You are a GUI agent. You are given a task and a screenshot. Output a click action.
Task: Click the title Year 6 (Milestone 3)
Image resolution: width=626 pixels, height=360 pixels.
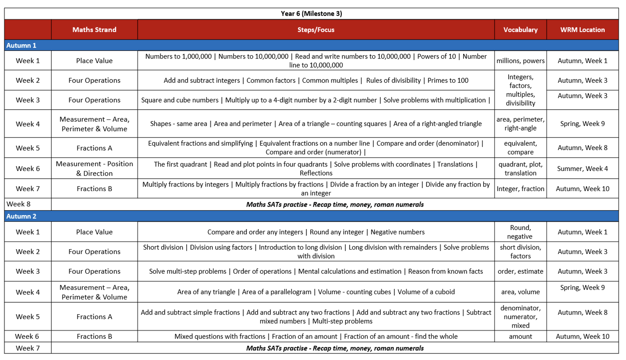click(x=311, y=13)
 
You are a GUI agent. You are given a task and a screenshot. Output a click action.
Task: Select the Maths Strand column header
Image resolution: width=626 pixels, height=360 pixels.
click(x=94, y=29)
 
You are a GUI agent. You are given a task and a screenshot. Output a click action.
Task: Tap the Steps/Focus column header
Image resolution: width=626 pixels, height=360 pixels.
click(x=316, y=29)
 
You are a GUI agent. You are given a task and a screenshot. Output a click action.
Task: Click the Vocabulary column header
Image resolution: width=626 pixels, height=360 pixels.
click(x=520, y=29)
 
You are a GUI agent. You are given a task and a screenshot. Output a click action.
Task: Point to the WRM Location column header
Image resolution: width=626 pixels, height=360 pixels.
click(x=582, y=29)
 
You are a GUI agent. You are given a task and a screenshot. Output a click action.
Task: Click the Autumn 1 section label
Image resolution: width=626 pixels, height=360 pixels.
click(x=21, y=45)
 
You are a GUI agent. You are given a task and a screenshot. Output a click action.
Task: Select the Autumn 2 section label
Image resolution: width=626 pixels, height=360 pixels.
click(x=21, y=216)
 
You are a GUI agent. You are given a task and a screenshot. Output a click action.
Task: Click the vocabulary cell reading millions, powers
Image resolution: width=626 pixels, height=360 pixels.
click(x=520, y=61)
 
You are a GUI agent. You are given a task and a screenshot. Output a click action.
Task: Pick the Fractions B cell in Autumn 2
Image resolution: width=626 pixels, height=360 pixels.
click(x=94, y=336)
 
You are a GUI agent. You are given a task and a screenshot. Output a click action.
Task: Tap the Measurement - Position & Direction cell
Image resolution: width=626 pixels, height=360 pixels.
click(x=94, y=168)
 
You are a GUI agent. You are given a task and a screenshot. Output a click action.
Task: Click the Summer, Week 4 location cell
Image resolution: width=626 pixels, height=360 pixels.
click(x=582, y=169)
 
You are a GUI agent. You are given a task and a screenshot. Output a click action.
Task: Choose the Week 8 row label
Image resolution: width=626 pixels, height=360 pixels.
click(x=19, y=204)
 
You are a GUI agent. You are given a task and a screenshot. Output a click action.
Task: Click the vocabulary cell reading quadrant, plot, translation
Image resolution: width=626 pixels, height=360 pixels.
click(x=520, y=169)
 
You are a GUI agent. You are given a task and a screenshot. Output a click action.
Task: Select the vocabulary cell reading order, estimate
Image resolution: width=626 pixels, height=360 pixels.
click(x=520, y=271)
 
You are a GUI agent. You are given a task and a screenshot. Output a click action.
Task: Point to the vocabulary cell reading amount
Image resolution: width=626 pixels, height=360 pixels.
click(x=520, y=336)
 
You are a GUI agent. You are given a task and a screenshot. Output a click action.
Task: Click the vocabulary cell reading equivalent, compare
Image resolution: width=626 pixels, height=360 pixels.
click(x=520, y=148)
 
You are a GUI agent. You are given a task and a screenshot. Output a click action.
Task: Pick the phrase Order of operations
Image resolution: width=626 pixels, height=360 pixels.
click(x=262, y=271)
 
